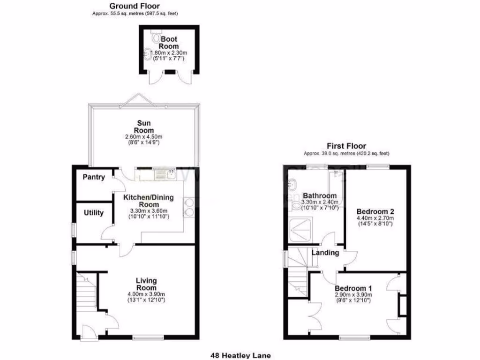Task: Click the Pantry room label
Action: pyautogui.click(x=94, y=177)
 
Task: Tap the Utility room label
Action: pyautogui.click(x=94, y=213)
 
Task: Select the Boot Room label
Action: pyautogui.click(x=168, y=43)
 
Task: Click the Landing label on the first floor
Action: pyautogui.click(x=326, y=253)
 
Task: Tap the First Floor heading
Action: pyautogui.click(x=347, y=146)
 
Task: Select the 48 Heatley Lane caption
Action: pyautogui.click(x=240, y=356)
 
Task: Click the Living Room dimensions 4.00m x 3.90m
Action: pyautogui.click(x=146, y=294)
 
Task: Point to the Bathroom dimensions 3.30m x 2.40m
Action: pyautogui.click(x=320, y=202)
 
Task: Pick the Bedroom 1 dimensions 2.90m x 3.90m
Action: pyautogui.click(x=353, y=295)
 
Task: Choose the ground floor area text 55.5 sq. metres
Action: pyautogui.click(x=135, y=14)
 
